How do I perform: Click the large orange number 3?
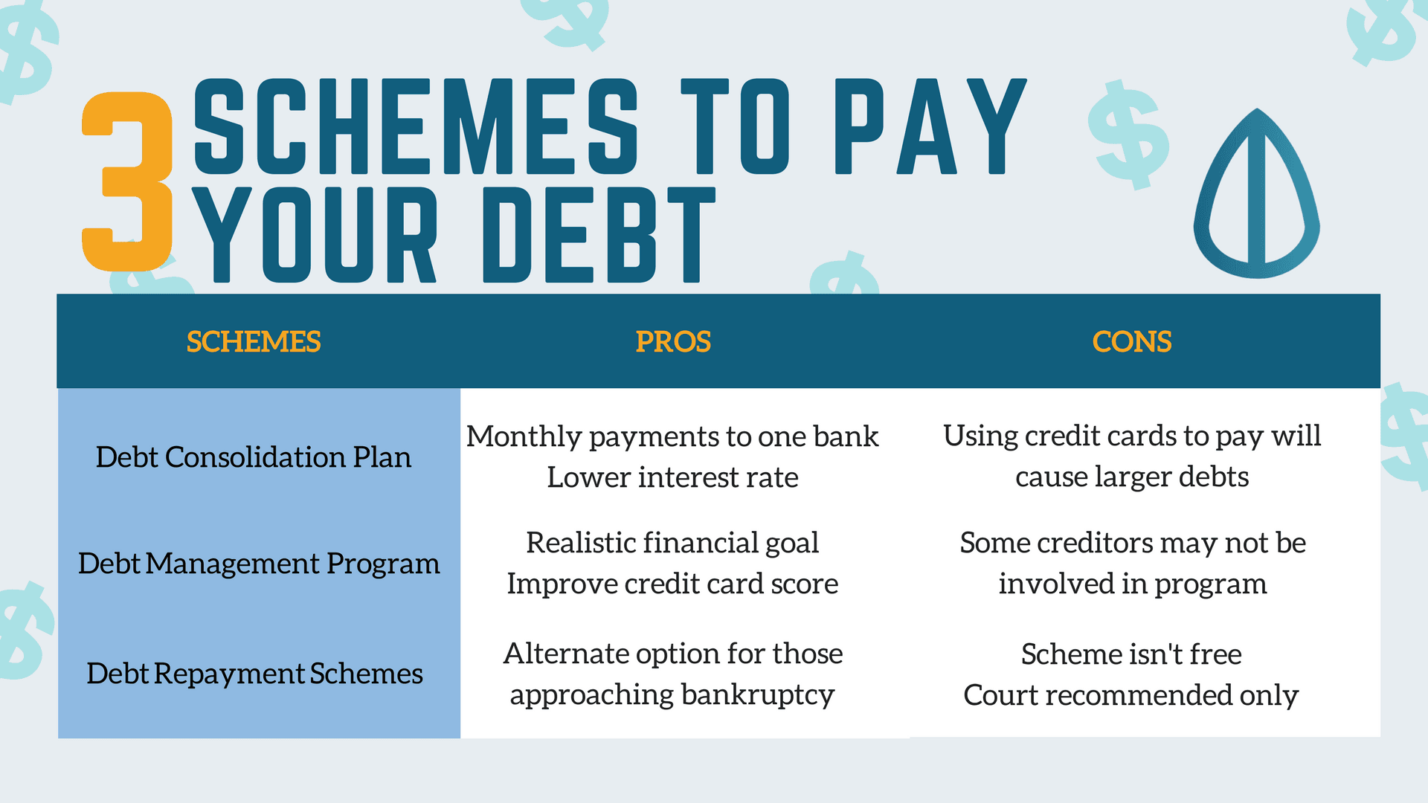[127, 182]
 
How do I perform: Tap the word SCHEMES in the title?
[416, 126]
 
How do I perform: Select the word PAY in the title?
[930, 126]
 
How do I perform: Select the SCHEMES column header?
[254, 342]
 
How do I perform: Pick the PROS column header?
[673, 342]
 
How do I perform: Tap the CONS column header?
[1132, 342]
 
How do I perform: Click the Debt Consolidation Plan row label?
[254, 457]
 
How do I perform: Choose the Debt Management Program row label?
[259, 564]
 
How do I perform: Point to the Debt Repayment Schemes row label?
[254, 674]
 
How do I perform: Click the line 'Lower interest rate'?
[672, 477]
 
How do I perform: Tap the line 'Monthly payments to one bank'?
[672, 436]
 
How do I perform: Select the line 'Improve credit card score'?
[672, 584]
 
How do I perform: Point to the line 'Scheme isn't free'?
[1131, 654]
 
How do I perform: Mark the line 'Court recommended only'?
[1131, 695]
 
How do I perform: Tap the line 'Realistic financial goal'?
[672, 543]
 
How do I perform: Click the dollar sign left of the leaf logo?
[1128, 135]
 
